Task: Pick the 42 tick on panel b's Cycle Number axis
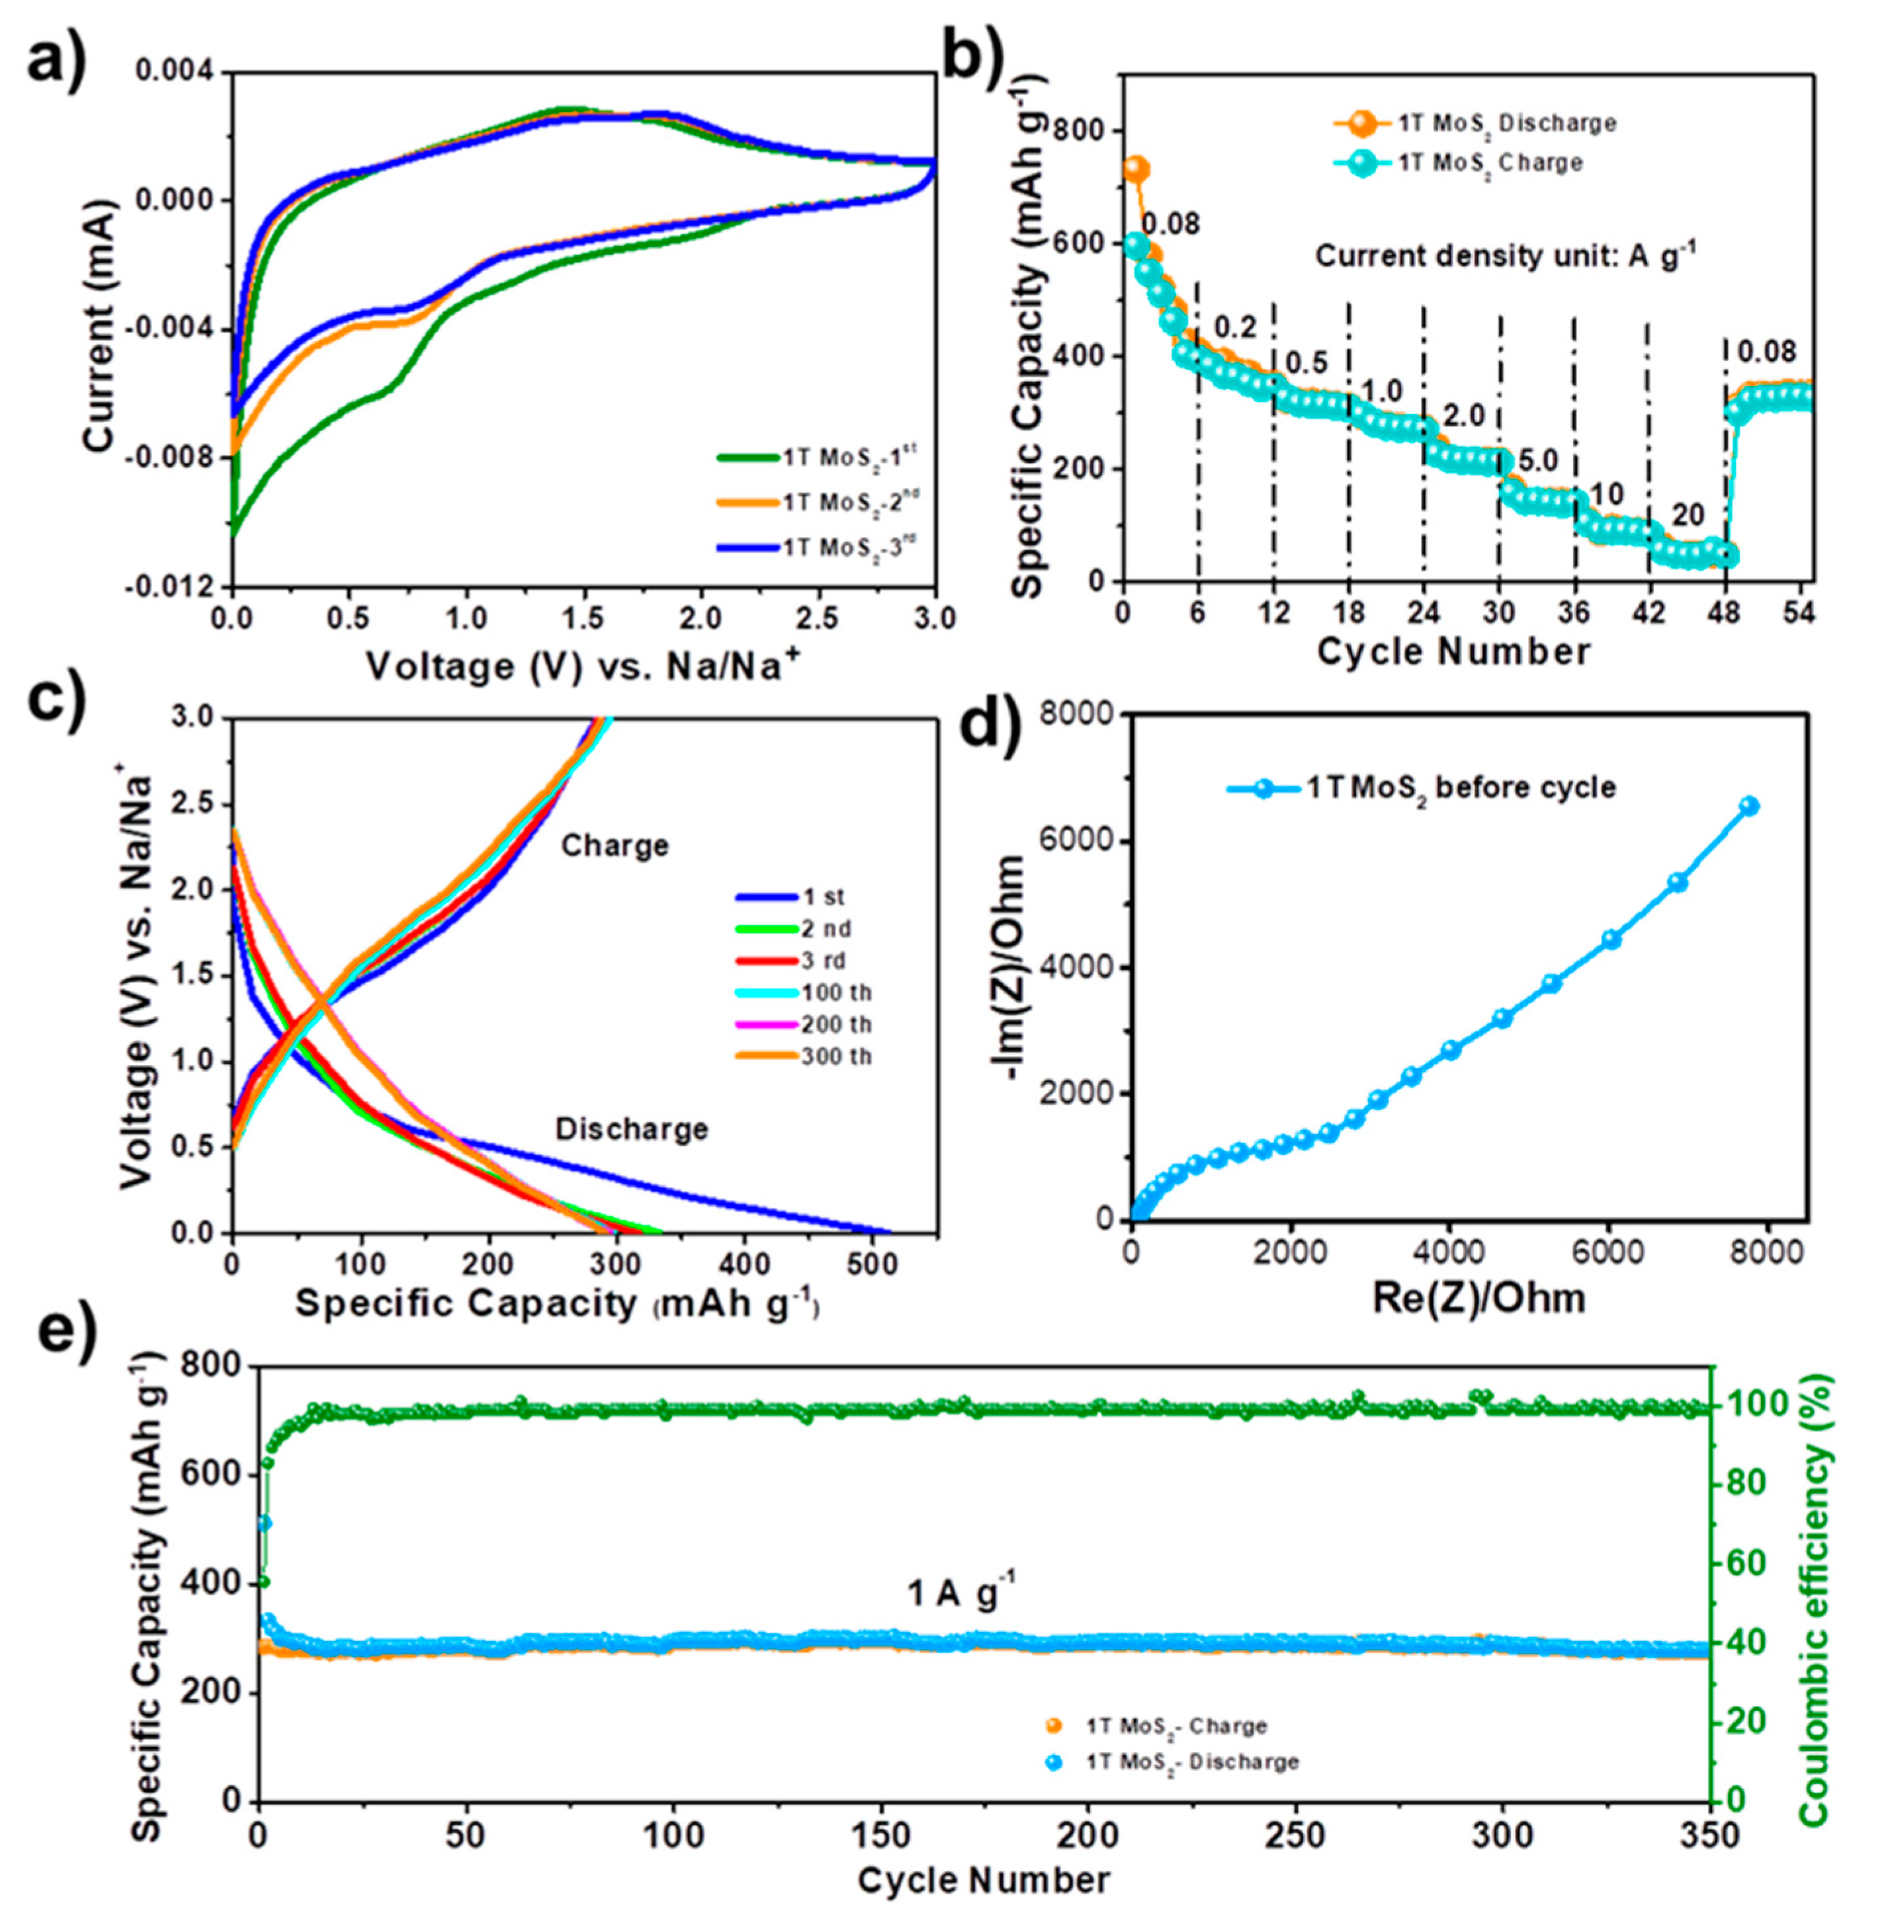click(1648, 614)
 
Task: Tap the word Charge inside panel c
click(615, 846)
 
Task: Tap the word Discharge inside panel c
click(631, 1129)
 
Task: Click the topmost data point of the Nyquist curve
click(1750, 806)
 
